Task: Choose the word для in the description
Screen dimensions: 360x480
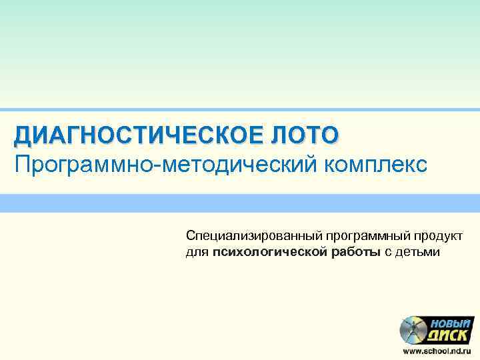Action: [x=197, y=252]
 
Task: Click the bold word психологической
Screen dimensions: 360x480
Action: [x=270, y=252]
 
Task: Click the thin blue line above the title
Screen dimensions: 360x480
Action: [x=240, y=109]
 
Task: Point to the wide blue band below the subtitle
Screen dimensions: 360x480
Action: [x=240, y=203]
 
